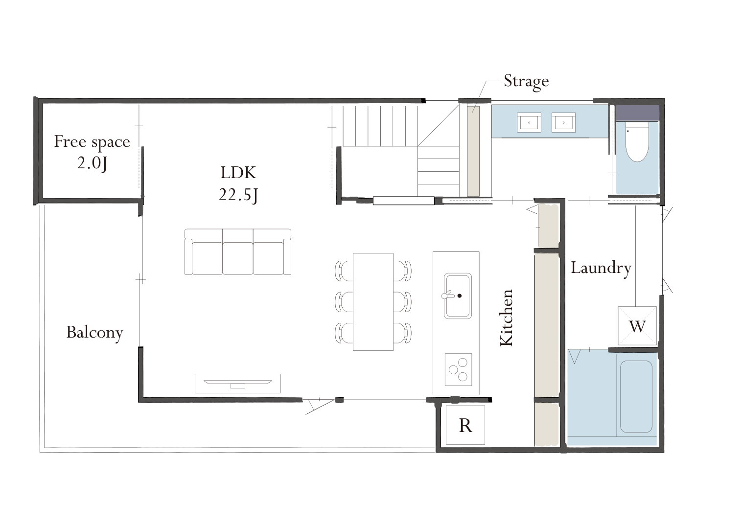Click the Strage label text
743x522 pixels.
pos(526,82)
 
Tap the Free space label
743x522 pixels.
pos(92,142)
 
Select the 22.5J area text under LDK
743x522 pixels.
pos(238,195)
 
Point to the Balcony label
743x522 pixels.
pos(94,332)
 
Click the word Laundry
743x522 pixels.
pos(601,268)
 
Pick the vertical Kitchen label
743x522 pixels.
pos(507,318)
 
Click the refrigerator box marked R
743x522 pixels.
pos(465,425)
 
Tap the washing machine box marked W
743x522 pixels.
pos(637,326)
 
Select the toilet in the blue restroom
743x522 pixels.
pos(637,142)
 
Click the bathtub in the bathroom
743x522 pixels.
pos(636,396)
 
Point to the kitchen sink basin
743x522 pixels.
pos(458,296)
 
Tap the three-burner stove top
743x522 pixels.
pos(458,369)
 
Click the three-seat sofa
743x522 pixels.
pos(238,252)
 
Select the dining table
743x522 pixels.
pos(373,302)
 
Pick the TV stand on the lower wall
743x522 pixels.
pos(238,384)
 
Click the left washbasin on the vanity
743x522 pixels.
pos(529,122)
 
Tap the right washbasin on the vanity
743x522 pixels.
pos(563,122)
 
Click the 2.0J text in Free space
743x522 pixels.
pos(92,163)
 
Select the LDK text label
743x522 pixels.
pos(238,173)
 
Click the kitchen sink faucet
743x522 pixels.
pos(448,295)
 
